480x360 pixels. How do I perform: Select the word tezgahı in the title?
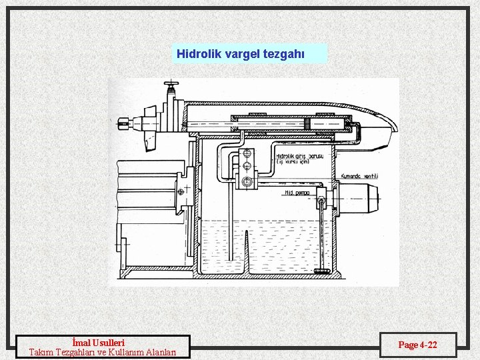285,53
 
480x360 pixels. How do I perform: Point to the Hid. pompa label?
299,193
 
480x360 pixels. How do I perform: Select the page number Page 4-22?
418,345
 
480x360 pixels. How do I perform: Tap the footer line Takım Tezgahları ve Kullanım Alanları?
103,352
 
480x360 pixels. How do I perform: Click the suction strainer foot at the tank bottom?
323,271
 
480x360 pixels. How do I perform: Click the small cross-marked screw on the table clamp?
182,192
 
